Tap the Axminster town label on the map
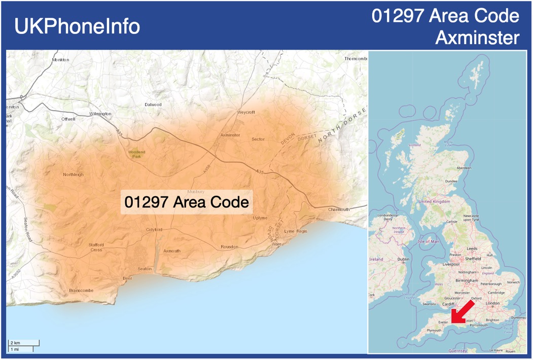(230, 135)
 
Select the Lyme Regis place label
(296, 231)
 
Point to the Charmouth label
(339, 209)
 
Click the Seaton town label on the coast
(145, 269)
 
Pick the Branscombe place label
(81, 291)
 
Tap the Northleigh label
(74, 174)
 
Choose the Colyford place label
(154, 230)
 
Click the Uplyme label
(260, 218)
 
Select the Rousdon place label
(229, 247)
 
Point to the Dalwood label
(153, 104)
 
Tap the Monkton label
(60, 60)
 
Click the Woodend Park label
(136, 154)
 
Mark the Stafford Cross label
(96, 247)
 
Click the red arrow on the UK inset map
(462, 311)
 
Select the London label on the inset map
(492, 303)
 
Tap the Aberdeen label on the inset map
(464, 168)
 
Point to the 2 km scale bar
(24, 343)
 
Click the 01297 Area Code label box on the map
(187, 203)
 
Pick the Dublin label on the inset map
(403, 259)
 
